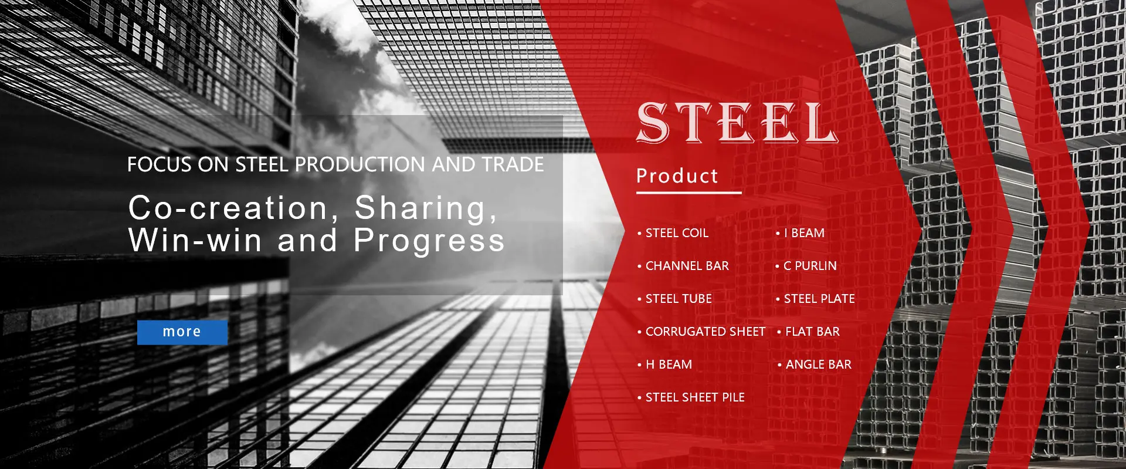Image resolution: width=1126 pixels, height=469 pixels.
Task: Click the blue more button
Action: (x=182, y=332)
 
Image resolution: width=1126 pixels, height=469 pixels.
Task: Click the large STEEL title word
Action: (x=737, y=123)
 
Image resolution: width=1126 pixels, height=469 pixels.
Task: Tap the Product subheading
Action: (x=677, y=176)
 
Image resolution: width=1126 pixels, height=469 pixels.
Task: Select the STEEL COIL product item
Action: (x=677, y=233)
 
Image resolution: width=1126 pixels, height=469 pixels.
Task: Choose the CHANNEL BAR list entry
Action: (x=687, y=266)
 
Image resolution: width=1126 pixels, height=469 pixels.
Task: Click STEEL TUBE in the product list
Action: (x=679, y=299)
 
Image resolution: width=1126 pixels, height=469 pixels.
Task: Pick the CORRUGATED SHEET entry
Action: (x=705, y=332)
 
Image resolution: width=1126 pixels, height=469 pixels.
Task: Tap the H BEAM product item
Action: (x=669, y=365)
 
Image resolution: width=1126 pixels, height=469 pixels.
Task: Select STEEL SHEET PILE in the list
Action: (x=695, y=397)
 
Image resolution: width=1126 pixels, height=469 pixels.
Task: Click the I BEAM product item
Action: (x=804, y=233)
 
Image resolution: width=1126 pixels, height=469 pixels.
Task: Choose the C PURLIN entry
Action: (x=810, y=266)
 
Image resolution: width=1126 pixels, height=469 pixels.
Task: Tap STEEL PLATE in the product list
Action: (x=819, y=299)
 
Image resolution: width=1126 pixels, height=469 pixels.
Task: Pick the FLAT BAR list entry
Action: (x=812, y=332)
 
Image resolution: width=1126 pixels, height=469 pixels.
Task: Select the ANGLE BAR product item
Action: (x=818, y=365)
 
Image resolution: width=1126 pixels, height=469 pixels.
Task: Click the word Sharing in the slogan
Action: (x=426, y=209)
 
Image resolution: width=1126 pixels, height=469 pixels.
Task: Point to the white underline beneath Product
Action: (x=689, y=192)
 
